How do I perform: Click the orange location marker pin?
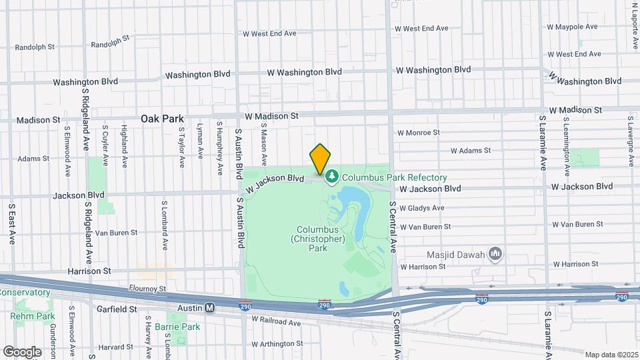pos(320,159)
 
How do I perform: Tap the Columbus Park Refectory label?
pos(394,178)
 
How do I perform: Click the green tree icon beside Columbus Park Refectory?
pos(331,177)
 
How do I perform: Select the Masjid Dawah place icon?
pos(495,253)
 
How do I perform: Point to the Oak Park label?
pos(162,119)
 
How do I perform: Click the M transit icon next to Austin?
pos(209,308)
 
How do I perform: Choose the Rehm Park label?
pos(27,315)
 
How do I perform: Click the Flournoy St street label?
pos(147,289)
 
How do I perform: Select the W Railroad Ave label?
pos(277,322)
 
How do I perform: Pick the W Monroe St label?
pos(419,133)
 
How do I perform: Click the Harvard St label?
pos(115,347)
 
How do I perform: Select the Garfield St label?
pos(115,309)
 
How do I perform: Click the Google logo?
pos(22,351)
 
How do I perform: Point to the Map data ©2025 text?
pos(611,354)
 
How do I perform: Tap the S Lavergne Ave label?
pos(630,140)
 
